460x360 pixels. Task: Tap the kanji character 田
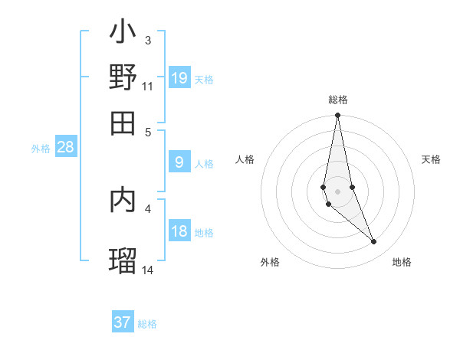123,123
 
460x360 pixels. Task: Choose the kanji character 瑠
123,260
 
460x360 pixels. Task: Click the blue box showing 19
179,78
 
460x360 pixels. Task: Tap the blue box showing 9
179,162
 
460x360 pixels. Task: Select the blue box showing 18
179,232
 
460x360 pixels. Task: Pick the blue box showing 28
66,148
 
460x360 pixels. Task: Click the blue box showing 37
123,322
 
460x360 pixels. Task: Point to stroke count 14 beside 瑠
148,270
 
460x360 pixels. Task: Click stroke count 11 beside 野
148,87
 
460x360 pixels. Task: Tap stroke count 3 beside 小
148,40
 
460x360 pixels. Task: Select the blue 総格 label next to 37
147,324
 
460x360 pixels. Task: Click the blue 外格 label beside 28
41,149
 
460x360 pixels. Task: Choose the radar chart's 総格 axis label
337,100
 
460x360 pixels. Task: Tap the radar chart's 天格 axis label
431,159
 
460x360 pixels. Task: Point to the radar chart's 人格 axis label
245,159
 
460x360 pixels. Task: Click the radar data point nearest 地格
374,242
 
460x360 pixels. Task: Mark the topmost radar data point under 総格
337,116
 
